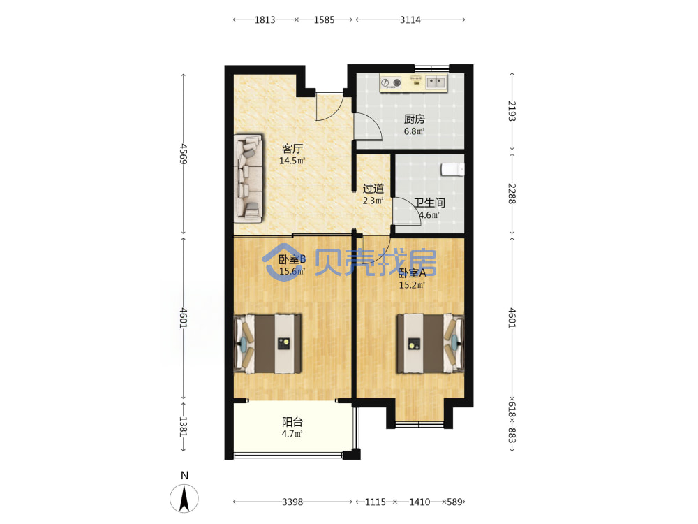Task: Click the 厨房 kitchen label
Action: (414, 119)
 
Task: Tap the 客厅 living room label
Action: (292, 148)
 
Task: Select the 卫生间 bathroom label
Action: (429, 203)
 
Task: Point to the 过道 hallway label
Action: (373, 189)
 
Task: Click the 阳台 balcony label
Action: (292, 421)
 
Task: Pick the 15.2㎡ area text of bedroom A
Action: (412, 285)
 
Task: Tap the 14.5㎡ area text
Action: (292, 161)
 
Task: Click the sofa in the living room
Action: (248, 178)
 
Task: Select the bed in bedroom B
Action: (267, 344)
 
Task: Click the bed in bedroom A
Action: (431, 344)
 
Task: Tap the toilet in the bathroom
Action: (452, 170)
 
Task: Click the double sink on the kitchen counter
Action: (436, 82)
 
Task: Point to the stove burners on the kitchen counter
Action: (391, 83)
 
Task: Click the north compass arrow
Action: (184, 498)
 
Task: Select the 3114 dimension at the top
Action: (410, 20)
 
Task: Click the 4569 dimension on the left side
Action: (184, 154)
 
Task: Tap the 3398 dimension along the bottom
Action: (292, 502)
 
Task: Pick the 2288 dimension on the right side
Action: (512, 194)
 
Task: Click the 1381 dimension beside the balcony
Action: (184, 426)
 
